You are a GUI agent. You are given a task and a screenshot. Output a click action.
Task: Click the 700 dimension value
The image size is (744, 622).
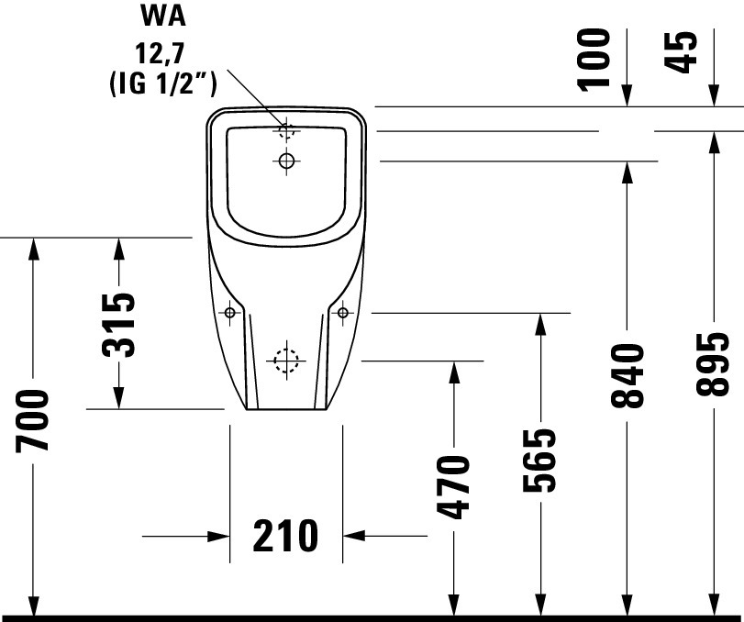[32, 420]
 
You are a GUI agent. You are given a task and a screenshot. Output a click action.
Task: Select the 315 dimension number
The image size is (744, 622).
[118, 326]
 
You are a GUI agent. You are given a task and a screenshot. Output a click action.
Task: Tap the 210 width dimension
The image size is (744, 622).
[285, 536]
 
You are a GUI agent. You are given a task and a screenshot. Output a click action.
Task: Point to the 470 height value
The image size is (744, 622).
[454, 486]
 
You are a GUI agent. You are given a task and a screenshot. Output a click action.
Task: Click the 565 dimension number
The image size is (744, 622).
[539, 460]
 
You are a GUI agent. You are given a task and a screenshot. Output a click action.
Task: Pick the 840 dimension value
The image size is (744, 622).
[627, 376]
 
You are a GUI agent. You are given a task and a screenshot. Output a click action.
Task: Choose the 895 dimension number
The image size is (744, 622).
[713, 364]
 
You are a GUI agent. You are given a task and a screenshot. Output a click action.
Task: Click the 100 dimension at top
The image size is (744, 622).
[594, 59]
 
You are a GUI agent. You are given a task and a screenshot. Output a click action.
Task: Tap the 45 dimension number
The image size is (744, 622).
[681, 52]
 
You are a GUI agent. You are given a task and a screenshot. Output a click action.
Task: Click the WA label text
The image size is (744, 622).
[162, 16]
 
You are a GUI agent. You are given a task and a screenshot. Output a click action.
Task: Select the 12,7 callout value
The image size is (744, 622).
[160, 53]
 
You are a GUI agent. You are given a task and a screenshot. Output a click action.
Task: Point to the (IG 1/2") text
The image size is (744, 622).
[163, 84]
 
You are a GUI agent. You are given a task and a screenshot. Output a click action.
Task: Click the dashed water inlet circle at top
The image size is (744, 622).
[286, 131]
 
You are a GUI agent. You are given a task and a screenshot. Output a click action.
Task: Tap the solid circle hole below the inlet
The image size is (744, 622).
[286, 161]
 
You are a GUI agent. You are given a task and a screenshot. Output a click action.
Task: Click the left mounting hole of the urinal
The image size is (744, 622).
[230, 313]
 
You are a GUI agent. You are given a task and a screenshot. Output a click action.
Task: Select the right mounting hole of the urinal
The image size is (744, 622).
[342, 313]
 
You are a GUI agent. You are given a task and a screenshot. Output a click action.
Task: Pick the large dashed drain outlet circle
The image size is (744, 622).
[286, 361]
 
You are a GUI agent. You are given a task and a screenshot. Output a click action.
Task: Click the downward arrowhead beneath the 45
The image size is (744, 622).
[713, 95]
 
